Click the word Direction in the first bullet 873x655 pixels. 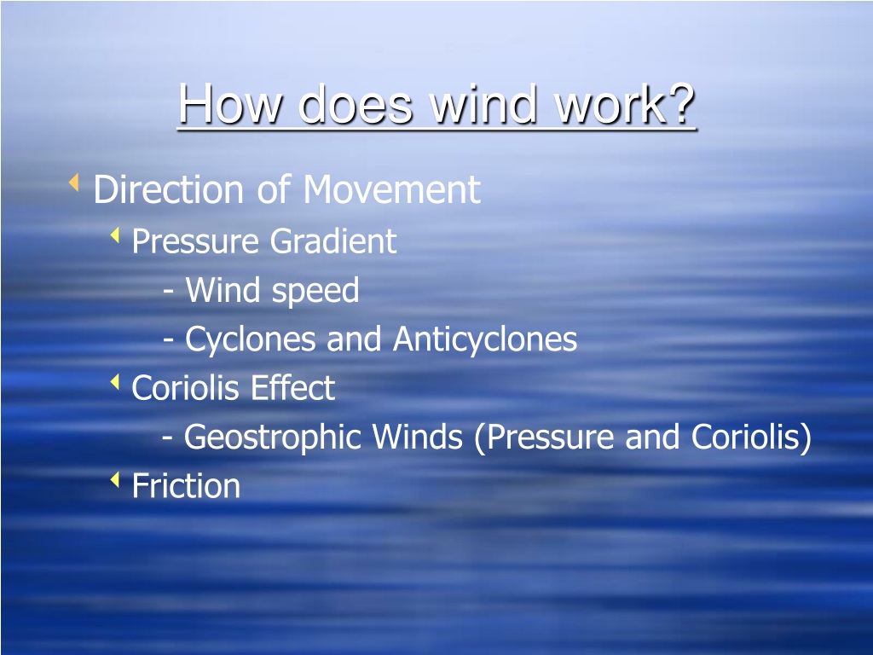pyautogui.click(x=169, y=188)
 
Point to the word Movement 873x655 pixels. pyautogui.click(x=392, y=188)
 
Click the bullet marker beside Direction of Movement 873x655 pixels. pyautogui.click(x=73, y=183)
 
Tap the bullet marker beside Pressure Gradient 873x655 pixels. pyautogui.click(x=115, y=235)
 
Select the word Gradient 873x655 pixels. pyautogui.click(x=333, y=241)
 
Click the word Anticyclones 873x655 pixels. pyautogui.click(x=485, y=339)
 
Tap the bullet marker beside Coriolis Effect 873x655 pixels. pyautogui.click(x=115, y=382)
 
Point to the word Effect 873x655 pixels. pyautogui.click(x=293, y=388)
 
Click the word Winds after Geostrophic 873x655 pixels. pyautogui.click(x=418, y=436)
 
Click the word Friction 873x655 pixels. pyautogui.click(x=186, y=485)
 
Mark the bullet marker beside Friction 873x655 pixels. pyautogui.click(x=115, y=479)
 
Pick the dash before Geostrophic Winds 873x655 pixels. pyautogui.click(x=167, y=438)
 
